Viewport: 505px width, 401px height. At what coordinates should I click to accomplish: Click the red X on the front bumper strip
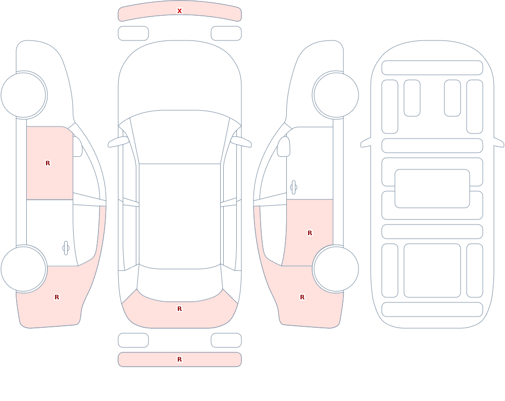[x=179, y=11]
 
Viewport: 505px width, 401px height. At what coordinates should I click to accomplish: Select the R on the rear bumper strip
[x=179, y=360]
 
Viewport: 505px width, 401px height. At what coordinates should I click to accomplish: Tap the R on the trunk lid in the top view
[x=179, y=309]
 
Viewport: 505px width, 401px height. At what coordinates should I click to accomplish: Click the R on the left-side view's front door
[x=47, y=163]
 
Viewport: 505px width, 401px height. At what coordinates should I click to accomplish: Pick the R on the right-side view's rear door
[x=310, y=233]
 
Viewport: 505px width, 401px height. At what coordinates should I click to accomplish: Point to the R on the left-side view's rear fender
[x=57, y=297]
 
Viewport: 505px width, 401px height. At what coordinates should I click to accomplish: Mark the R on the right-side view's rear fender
[x=302, y=297]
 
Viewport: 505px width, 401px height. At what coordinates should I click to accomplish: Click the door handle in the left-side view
[x=66, y=248]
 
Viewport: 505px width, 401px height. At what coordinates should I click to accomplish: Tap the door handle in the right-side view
[x=293, y=188]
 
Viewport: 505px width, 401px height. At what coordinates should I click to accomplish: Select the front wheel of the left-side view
[x=24, y=95]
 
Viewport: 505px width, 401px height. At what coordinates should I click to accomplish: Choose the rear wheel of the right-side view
[x=336, y=269]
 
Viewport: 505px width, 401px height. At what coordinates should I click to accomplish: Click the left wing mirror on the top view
[x=118, y=142]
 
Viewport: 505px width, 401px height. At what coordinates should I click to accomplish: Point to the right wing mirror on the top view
[x=241, y=142]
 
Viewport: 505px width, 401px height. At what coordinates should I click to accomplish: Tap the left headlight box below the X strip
[x=133, y=33]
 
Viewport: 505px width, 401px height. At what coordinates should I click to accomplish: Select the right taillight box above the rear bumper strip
[x=226, y=340]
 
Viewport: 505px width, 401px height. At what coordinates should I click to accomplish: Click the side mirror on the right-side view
[x=283, y=147]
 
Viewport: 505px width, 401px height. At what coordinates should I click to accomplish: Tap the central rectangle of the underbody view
[x=432, y=189]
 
